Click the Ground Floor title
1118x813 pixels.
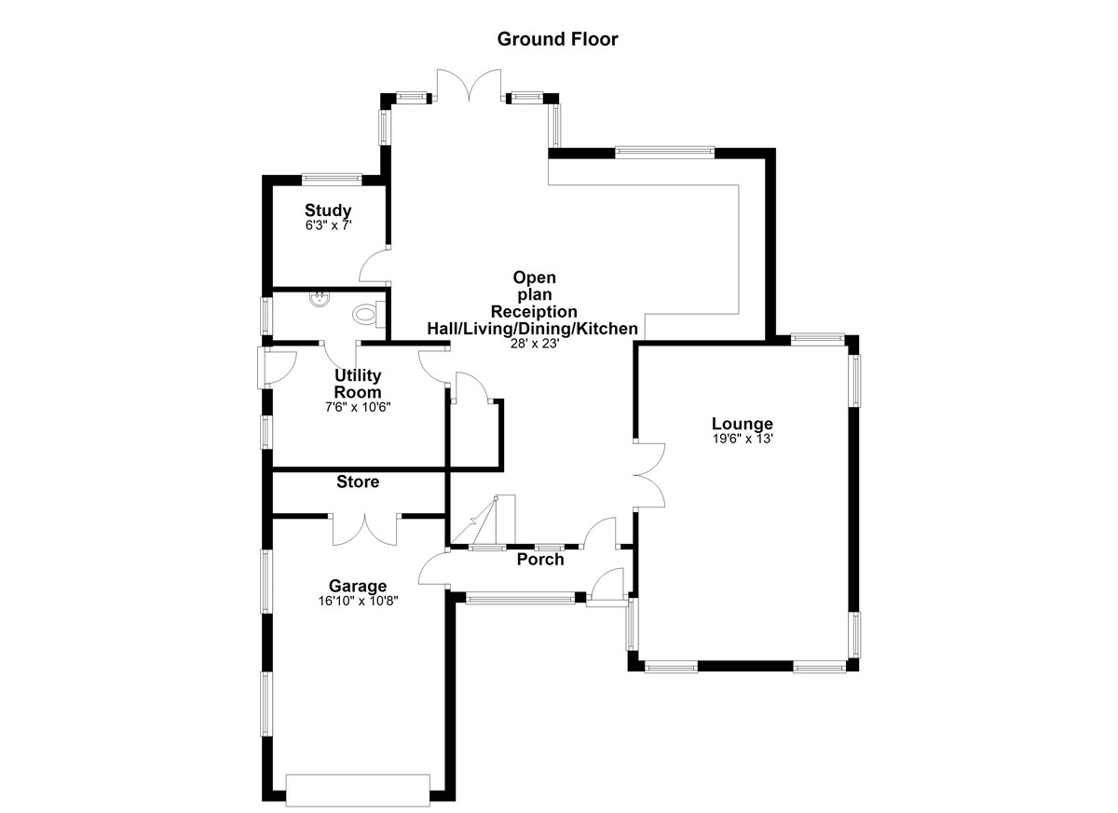(x=557, y=39)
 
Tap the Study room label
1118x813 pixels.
(x=328, y=210)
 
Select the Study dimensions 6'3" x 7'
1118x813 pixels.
(x=328, y=225)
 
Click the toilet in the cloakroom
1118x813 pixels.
(x=369, y=314)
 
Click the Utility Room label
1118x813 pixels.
(x=358, y=384)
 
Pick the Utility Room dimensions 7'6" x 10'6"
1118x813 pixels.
(x=358, y=408)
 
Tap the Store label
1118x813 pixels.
(x=358, y=481)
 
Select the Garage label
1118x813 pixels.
(x=358, y=586)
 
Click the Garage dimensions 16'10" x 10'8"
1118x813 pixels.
(x=358, y=601)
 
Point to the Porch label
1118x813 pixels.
(x=540, y=560)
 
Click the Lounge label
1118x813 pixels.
(x=743, y=424)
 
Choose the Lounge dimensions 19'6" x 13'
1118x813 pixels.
(x=743, y=439)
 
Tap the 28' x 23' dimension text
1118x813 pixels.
(x=534, y=344)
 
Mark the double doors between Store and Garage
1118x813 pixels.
(x=365, y=530)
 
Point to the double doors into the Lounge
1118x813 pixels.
(x=649, y=475)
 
